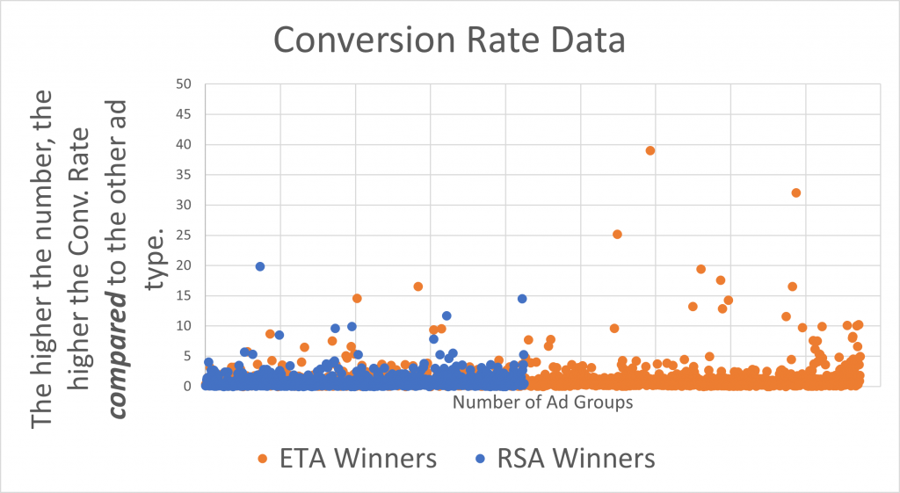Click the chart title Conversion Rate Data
tap(449, 40)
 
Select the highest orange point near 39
tap(650, 150)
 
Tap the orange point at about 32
tap(796, 192)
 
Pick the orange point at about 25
tap(617, 235)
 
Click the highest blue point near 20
tap(260, 266)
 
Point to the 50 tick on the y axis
tap(184, 84)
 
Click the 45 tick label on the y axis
tap(184, 114)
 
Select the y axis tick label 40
tap(184, 144)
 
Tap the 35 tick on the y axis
tap(184, 175)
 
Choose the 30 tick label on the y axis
tap(184, 205)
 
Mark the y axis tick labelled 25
tap(184, 235)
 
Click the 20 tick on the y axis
tap(184, 265)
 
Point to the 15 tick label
tap(184, 295)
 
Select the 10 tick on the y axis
tap(184, 325)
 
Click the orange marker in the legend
tap(262, 459)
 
